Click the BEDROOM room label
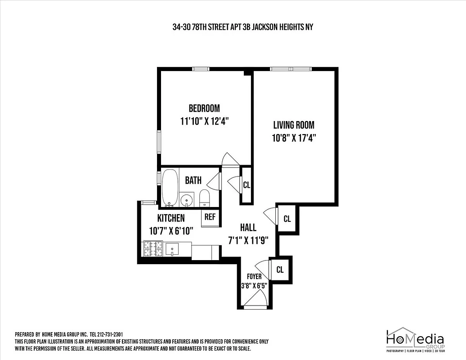point(204,108)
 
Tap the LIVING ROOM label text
point(294,125)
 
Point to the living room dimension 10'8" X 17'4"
point(294,139)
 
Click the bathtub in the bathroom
point(170,187)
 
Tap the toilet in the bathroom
point(205,198)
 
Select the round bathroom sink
point(186,199)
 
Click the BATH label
point(193,180)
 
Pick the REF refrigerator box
point(210,216)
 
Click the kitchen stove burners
point(152,249)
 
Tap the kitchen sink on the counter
point(172,249)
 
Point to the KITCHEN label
point(170,218)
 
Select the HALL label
point(248,228)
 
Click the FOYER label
point(254,276)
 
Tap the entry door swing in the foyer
point(256,299)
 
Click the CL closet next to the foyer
point(280,270)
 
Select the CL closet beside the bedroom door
point(246,184)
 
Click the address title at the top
point(242,27)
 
